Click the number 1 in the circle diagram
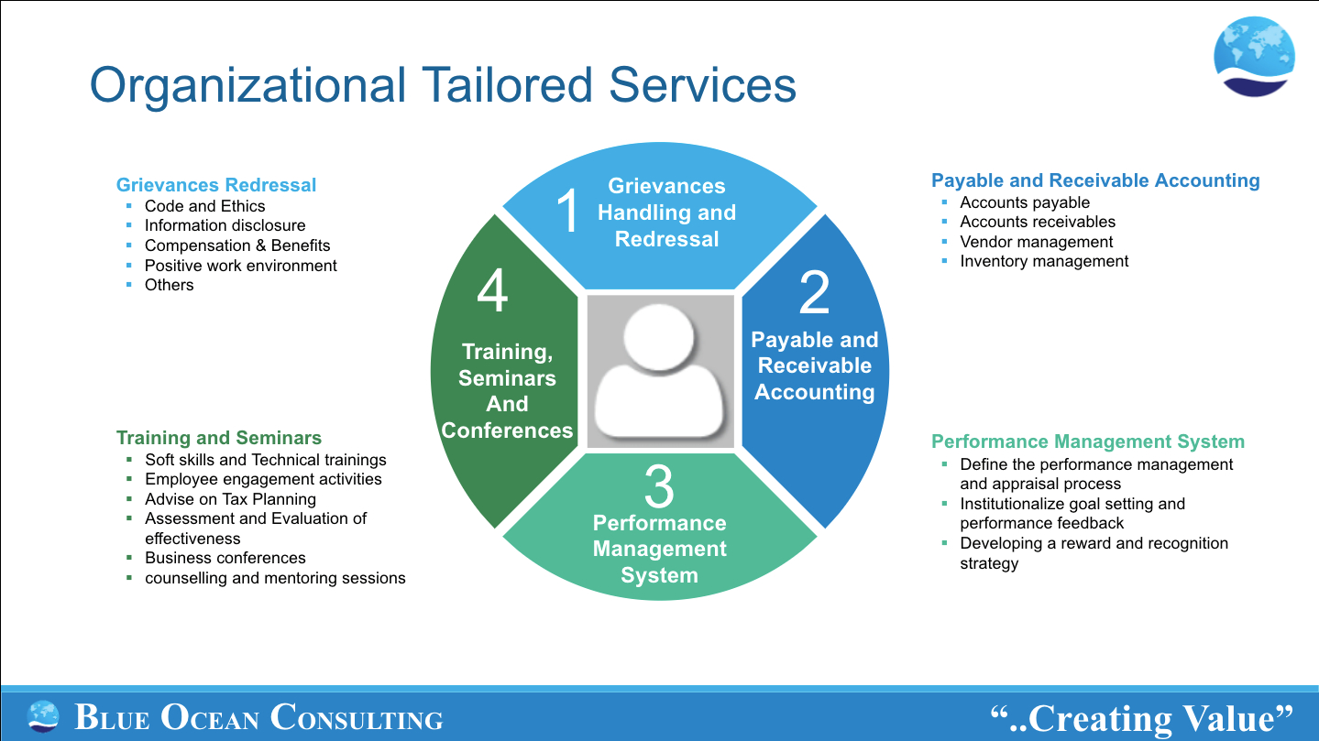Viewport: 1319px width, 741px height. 568,211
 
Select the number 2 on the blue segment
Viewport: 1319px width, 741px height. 814,292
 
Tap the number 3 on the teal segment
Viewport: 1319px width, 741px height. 659,487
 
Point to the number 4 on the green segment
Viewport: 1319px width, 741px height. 492,292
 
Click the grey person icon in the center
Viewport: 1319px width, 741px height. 660,371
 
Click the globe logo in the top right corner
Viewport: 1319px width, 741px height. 1254,57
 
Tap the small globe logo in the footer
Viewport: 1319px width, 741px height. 43,716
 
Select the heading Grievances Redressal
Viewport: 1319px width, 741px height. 216,185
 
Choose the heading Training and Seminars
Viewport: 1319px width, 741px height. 219,438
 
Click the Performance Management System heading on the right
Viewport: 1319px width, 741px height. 1088,442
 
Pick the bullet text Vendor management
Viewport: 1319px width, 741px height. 1036,242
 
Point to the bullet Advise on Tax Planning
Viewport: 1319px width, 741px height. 230,499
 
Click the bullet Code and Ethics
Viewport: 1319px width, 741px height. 204,206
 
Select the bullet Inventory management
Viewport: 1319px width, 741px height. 1044,261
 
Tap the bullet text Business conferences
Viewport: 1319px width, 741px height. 225,558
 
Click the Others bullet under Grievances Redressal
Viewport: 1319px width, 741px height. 169,285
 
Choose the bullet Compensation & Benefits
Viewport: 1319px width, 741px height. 237,245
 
